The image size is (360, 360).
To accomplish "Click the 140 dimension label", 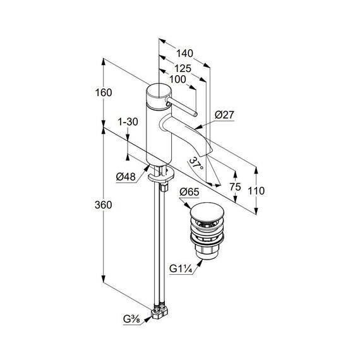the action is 184,54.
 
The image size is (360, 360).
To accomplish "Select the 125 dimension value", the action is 183,68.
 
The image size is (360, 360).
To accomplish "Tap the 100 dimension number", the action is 177,80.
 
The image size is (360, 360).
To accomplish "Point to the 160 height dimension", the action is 104,92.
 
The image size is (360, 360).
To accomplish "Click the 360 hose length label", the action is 104,205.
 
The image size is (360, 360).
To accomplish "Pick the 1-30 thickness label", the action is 128,122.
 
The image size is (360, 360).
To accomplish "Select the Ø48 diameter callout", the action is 126,177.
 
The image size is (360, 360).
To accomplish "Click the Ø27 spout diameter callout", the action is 225,115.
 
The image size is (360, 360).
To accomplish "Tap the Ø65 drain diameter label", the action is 189,192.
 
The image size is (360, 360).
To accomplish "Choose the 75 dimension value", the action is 236,187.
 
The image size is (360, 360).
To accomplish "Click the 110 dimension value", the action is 256,191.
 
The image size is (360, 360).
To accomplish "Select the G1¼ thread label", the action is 181,268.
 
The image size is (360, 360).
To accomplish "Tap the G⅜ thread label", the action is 132,319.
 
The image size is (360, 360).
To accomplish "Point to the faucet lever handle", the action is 181,106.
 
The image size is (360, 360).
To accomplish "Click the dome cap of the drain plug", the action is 207,211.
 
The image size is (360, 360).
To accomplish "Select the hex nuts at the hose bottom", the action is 159,313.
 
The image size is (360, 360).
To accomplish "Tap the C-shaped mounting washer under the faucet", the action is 161,175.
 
